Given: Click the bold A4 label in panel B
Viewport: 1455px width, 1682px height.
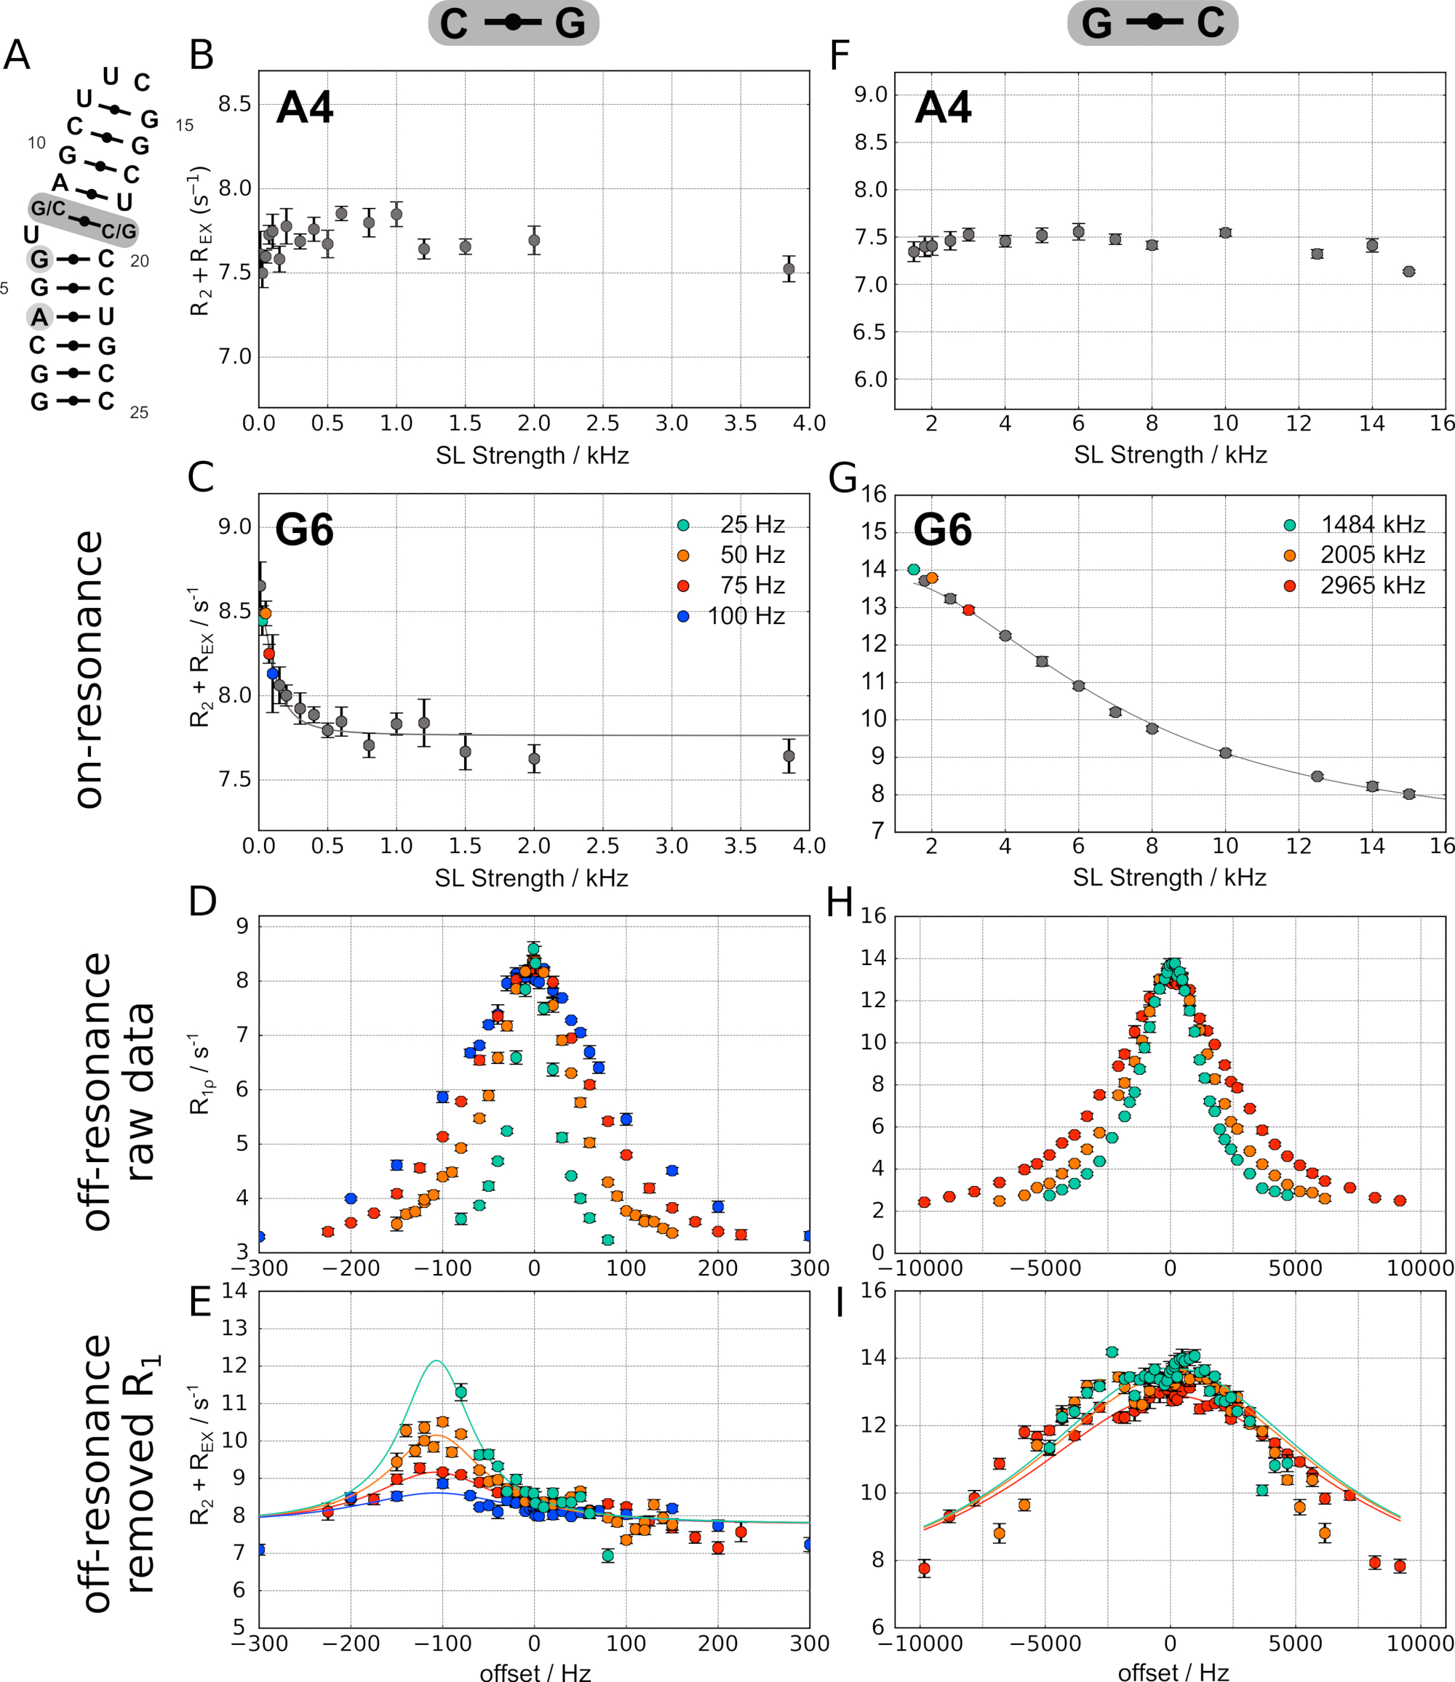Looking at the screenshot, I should [305, 107].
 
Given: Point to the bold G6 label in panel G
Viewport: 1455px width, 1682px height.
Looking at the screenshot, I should [942, 530].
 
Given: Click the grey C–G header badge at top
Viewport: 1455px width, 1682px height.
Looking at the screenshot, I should [513, 23].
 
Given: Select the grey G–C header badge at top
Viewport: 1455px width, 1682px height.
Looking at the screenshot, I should [1152, 23].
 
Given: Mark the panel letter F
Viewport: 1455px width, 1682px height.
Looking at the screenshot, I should [840, 56].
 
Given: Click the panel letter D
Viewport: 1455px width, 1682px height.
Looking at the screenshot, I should [202, 902].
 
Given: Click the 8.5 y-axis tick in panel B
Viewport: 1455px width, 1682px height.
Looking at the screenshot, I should [235, 105].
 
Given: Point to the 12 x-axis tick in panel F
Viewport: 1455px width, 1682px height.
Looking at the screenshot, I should [1299, 423].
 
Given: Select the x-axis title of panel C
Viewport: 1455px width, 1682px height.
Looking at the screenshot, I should [531, 878].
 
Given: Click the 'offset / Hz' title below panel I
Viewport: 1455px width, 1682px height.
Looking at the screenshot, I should [1173, 1671].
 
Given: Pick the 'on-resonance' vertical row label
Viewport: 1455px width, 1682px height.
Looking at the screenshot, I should [89, 669].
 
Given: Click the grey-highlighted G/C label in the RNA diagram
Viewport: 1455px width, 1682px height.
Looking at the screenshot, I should [48, 209].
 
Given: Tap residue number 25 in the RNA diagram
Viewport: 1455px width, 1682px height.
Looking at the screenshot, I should [139, 412].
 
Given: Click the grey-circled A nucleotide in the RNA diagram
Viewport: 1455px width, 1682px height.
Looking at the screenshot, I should [39, 316].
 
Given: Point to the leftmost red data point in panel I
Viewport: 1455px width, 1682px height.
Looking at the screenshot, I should [924, 1569].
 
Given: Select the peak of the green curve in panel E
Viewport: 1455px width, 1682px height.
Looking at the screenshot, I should [436, 1361].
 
